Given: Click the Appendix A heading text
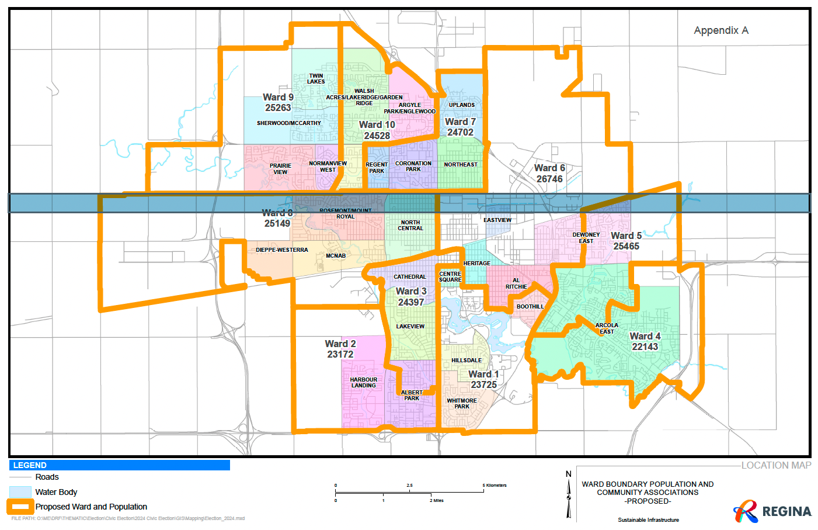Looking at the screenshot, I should tap(720, 30).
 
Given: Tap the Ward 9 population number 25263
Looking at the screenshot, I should tap(278, 108).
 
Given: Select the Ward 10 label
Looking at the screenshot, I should tap(377, 124).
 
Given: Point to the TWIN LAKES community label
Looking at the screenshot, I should tap(316, 78).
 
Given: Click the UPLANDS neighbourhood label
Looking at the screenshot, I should tap(461, 105).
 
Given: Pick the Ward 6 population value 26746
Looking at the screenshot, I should tap(549, 179).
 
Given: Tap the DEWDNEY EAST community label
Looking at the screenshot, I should tap(586, 238).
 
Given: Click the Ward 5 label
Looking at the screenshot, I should tap(626, 235).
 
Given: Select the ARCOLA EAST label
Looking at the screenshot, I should tap(607, 328).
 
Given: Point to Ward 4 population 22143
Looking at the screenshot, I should tap(645, 347).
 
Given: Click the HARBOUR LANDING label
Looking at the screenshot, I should tap(363, 383).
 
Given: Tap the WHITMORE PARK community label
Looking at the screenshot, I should tap(462, 404).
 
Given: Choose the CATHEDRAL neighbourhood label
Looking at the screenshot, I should tap(409, 277).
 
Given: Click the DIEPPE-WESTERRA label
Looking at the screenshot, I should tap(281, 250).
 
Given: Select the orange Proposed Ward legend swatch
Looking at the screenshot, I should tap(20, 507).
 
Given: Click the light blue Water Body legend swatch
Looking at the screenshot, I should tap(20, 492).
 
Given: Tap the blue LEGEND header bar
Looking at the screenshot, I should tap(120, 465).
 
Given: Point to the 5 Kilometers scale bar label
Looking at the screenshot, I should tap(495, 486).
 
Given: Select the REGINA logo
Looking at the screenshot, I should tap(772, 511).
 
